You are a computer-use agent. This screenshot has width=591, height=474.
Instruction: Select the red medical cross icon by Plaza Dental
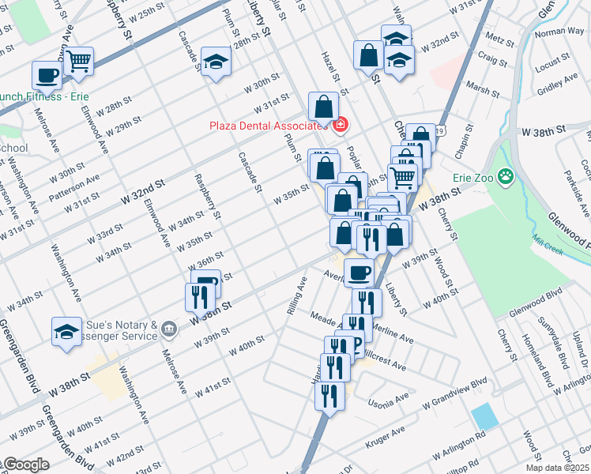pyautogui.click(x=341, y=126)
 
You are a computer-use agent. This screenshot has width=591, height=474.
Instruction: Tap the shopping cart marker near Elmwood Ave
pyautogui.click(x=78, y=61)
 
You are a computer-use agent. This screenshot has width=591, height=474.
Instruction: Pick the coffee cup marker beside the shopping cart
pyautogui.click(x=47, y=75)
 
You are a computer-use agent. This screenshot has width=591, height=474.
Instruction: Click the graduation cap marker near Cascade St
pyautogui.click(x=215, y=62)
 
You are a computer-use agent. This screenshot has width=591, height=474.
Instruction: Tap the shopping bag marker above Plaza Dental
pyautogui.click(x=323, y=105)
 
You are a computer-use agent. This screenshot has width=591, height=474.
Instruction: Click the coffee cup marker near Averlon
pyautogui.click(x=359, y=273)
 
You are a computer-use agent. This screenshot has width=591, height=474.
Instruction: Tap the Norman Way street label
pyautogui.click(x=557, y=32)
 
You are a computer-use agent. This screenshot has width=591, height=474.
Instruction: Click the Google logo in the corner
pyautogui.click(x=25, y=465)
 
